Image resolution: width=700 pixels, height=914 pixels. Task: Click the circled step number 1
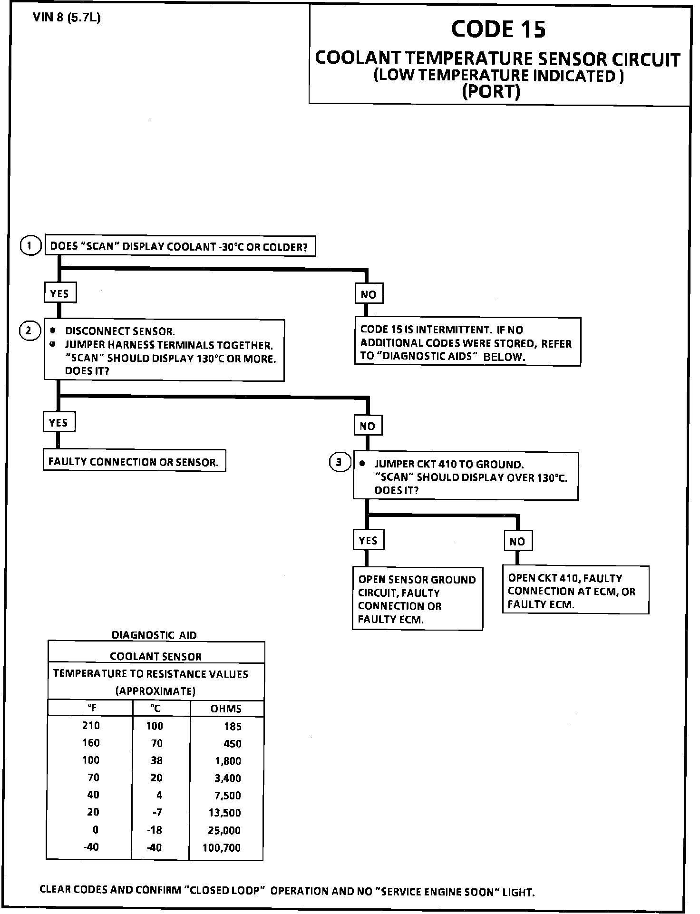click(x=30, y=246)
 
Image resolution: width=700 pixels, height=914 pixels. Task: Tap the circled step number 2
click(x=29, y=331)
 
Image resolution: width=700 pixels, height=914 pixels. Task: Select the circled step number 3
click(x=340, y=462)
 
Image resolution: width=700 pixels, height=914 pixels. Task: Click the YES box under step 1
click(x=60, y=293)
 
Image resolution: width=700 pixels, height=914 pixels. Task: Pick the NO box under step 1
click(x=369, y=294)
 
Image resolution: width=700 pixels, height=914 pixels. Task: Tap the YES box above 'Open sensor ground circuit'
click(x=368, y=541)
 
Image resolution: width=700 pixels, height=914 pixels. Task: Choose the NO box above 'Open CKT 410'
click(x=517, y=541)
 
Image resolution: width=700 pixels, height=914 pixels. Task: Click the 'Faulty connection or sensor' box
click(x=134, y=461)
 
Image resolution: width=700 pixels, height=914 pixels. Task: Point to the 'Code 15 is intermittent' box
click(x=467, y=343)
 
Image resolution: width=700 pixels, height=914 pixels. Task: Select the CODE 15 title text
click(x=498, y=29)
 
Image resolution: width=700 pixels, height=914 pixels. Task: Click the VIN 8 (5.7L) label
click(x=67, y=18)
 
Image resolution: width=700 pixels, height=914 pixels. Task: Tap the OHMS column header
click(x=226, y=709)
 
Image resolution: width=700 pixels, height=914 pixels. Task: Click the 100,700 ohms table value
click(x=222, y=848)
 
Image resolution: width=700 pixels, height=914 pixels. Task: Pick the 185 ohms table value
click(x=233, y=726)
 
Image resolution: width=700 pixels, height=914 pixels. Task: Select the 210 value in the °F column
click(x=91, y=726)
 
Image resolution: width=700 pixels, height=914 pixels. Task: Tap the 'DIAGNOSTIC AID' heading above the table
click(x=154, y=635)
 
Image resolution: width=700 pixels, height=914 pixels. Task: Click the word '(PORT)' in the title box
click(x=491, y=91)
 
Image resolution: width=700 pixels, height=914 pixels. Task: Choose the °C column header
click(x=156, y=709)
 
